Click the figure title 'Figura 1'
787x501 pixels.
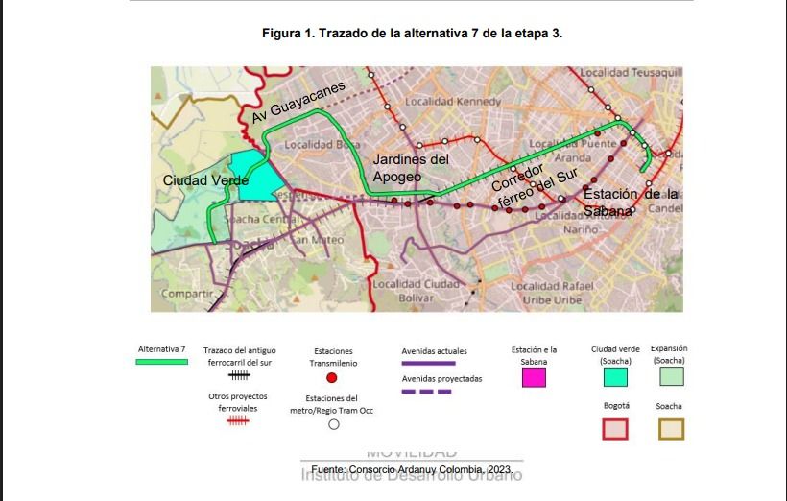coord(412,33)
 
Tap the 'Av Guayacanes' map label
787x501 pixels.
coord(298,102)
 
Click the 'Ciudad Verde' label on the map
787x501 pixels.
coord(205,180)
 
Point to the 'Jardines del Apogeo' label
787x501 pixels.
coord(411,168)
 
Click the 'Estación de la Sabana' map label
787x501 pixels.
coord(630,202)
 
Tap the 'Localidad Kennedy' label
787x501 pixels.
coord(452,101)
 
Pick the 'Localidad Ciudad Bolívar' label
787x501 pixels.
coord(416,291)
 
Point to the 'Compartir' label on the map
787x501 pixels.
coord(187,294)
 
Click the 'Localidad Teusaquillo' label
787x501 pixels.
coord(631,72)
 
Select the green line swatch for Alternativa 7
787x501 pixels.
coord(162,362)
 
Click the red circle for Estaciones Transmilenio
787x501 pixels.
coord(332,378)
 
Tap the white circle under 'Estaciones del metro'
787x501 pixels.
coord(333,425)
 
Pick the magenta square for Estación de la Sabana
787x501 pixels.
coord(534,376)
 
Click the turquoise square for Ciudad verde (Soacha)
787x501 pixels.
coord(615,377)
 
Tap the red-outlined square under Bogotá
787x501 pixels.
coord(615,428)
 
